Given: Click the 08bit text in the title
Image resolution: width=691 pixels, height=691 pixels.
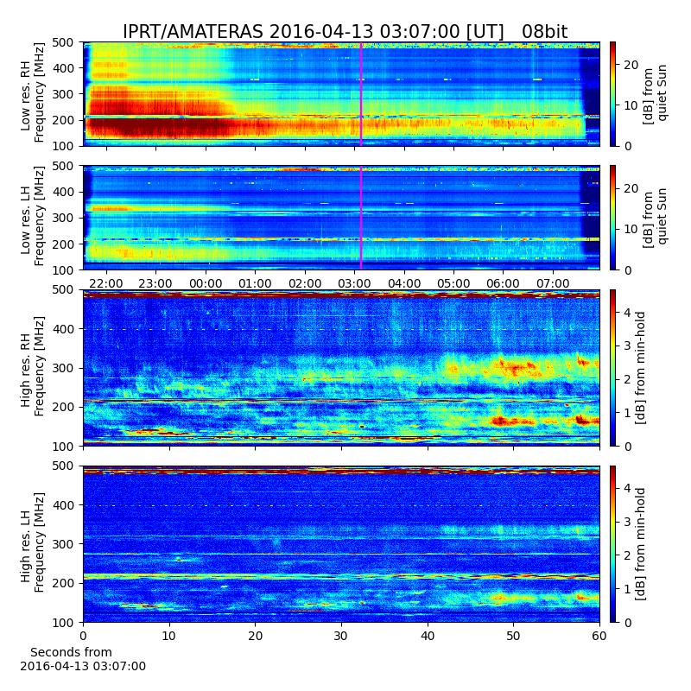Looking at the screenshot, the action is pos(545,32).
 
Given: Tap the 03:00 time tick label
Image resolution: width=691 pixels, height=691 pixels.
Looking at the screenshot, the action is pos(354,283).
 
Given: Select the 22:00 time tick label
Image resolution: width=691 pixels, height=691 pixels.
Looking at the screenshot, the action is pos(105,283).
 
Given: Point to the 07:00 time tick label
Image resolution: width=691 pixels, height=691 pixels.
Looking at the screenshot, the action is pos(553,283).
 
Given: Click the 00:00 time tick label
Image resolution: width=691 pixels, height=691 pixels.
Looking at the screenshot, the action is pos(206,283).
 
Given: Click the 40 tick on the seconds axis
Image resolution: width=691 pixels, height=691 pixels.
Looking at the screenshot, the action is pos(428,636).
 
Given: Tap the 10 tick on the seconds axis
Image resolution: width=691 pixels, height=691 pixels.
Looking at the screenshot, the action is pos(169,636).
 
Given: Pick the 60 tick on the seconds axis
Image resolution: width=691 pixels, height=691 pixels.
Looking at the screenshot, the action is pos(599,636).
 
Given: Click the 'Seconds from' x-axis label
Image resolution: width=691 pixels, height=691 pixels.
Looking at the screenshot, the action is pos(71,652).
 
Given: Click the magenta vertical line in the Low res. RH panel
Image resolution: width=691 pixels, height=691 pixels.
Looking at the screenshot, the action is pos(361,94).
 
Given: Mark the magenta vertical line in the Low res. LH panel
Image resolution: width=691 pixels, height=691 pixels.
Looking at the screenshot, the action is pos(361,218).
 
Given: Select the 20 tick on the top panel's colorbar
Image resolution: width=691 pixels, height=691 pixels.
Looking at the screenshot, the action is pos(631,66).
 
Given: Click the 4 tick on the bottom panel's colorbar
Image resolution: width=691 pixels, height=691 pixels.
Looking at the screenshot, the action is pos(628,488).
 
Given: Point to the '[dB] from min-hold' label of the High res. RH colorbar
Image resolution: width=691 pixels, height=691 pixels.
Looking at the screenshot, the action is pos(640,368).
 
